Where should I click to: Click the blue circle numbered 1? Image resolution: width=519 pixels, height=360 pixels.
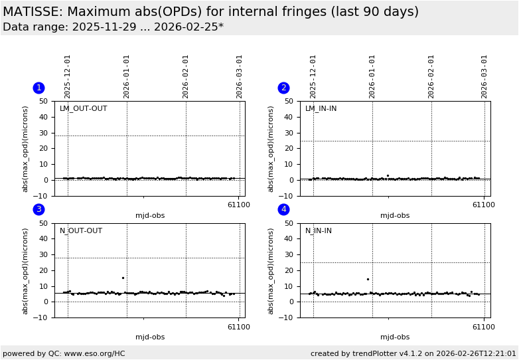(38, 88)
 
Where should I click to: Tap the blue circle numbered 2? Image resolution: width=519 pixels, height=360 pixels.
(283, 88)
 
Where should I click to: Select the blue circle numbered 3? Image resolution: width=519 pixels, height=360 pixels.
(38, 209)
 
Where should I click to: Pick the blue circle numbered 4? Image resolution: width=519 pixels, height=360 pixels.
(283, 209)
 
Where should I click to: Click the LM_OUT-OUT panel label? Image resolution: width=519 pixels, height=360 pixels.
(83, 109)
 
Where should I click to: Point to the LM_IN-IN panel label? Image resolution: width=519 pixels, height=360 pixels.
(321, 109)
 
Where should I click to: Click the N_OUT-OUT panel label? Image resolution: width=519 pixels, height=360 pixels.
(81, 231)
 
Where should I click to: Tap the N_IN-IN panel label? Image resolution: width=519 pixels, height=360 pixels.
(319, 231)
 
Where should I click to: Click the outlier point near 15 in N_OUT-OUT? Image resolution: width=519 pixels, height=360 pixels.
(123, 278)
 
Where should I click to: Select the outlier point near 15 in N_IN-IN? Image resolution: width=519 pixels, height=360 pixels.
(368, 279)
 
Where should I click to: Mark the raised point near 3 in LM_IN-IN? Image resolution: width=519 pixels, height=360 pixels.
(388, 175)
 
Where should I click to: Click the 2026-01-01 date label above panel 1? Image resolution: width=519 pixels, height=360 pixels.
(127, 76)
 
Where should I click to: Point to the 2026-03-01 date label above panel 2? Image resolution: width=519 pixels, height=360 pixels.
(484, 76)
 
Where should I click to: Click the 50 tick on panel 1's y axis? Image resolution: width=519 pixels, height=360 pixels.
(42, 102)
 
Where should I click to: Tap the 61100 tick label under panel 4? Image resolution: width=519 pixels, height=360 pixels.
(484, 327)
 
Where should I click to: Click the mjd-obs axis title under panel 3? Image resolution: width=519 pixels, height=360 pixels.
(150, 337)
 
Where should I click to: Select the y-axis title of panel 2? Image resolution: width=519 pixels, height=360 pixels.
(271, 149)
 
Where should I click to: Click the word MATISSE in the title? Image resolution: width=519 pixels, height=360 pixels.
(33, 12)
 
